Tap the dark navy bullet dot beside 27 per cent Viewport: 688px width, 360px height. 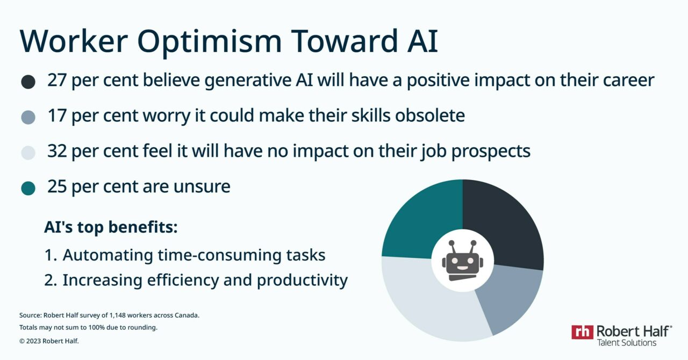(x=28, y=82)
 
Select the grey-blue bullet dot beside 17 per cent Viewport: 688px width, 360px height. (x=28, y=117)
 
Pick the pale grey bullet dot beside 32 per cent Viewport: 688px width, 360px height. (x=28, y=153)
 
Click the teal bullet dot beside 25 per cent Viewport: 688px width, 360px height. (x=28, y=188)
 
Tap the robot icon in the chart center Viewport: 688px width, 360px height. (x=462, y=261)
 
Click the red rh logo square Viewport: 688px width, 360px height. (x=582, y=332)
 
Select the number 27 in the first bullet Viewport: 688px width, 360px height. (x=58, y=81)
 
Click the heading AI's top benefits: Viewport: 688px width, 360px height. (x=110, y=227)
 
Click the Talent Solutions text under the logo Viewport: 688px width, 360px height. (x=626, y=342)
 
